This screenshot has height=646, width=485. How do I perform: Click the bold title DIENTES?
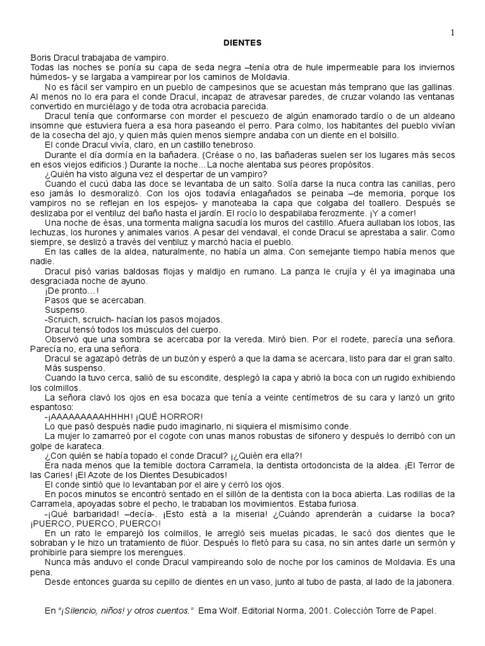[243, 42]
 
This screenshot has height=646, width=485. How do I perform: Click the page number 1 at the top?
[453, 33]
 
